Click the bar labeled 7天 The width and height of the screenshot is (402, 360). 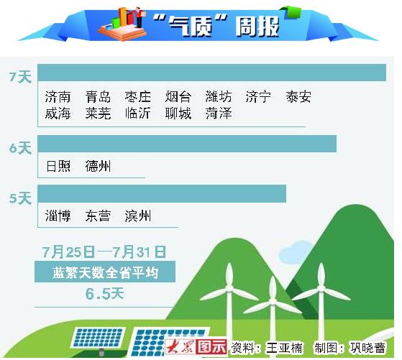[x=211, y=73]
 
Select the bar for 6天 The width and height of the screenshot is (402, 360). [x=187, y=144]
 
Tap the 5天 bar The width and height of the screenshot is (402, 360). [x=162, y=194]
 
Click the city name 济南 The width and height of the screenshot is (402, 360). [x=58, y=97]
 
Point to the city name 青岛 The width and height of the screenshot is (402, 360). [x=98, y=97]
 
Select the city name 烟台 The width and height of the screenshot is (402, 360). [x=178, y=97]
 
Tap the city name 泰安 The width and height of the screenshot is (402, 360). [x=298, y=97]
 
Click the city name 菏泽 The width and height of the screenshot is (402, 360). [x=219, y=114]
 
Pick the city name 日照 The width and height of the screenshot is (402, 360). [x=58, y=166]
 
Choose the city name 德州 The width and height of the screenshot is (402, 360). [x=98, y=166]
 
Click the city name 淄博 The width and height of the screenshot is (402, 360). [x=58, y=216]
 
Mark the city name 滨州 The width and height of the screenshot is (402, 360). [x=138, y=216]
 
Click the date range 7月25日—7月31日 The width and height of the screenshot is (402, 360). [x=104, y=251]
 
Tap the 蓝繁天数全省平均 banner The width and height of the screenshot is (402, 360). [x=105, y=272]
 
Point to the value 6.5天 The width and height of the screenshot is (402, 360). [x=104, y=294]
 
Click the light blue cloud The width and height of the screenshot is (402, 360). [x=295, y=252]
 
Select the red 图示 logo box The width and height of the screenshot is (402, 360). [x=211, y=347]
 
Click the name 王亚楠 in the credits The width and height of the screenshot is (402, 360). [x=284, y=348]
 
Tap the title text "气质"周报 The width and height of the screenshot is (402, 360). [x=216, y=26]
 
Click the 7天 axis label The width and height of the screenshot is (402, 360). [x=20, y=77]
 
